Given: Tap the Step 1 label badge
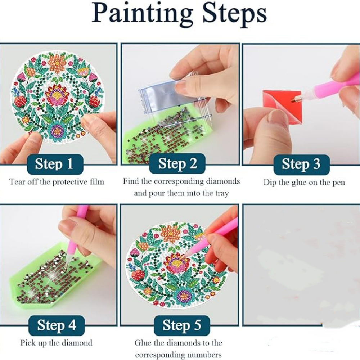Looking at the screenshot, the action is pyautogui.click(x=55, y=164).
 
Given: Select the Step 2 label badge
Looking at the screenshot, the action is pyautogui.click(x=177, y=164).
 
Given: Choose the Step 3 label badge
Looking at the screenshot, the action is pyautogui.click(x=301, y=165).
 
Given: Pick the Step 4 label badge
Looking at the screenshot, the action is pyautogui.click(x=57, y=325).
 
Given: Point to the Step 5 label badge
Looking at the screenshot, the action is pyautogui.click(x=182, y=325).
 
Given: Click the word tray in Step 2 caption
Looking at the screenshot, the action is pyautogui.click(x=222, y=194).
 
